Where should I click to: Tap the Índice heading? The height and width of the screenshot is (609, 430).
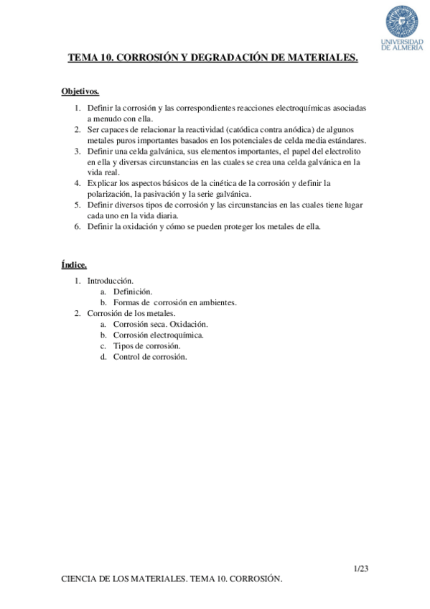click(x=74, y=265)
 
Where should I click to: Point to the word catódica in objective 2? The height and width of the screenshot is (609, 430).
click(x=246, y=129)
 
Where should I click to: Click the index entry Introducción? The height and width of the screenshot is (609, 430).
click(x=111, y=281)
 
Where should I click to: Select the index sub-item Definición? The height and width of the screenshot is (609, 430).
click(x=133, y=292)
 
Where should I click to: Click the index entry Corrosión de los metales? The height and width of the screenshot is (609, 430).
click(x=131, y=313)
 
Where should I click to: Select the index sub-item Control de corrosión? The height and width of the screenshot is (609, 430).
click(x=150, y=356)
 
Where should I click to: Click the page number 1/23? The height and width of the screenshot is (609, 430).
click(x=361, y=569)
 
